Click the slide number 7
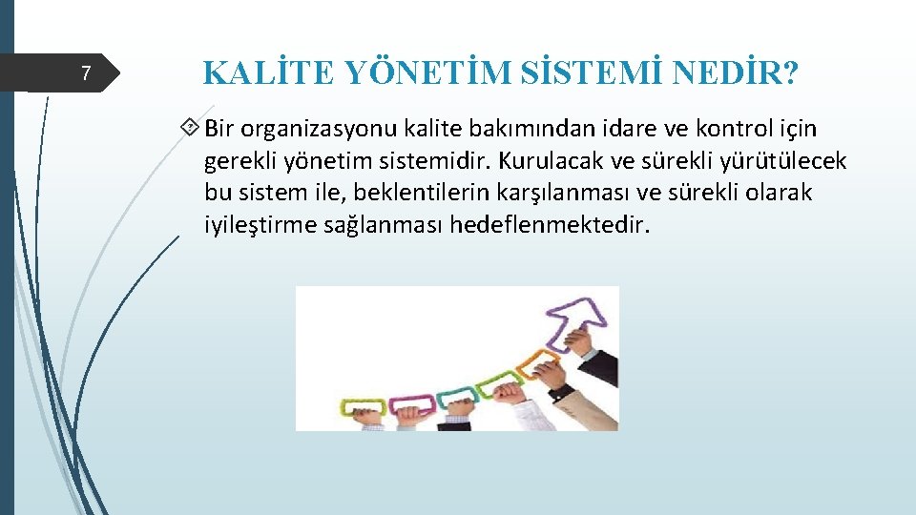86,73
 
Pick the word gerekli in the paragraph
239,161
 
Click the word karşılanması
564,194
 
